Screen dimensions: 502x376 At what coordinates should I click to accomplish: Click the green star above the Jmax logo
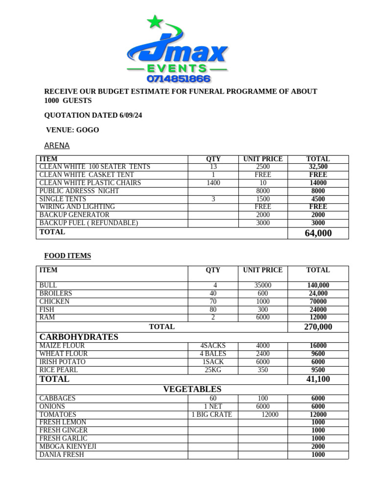coord(155,22)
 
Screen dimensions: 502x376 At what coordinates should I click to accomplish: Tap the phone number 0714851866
coord(178,78)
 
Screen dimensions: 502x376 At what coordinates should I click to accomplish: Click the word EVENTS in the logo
coord(177,68)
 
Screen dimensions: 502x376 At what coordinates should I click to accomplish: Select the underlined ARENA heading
coord(57,146)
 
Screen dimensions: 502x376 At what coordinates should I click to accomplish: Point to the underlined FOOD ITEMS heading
coord(68,256)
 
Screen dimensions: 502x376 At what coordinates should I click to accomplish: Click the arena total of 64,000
coord(318,233)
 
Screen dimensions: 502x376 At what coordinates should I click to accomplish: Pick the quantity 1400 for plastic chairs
coord(213,183)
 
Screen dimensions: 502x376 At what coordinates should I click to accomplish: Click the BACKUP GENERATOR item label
coord(74,215)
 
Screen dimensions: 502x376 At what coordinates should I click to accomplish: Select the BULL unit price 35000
coord(263,285)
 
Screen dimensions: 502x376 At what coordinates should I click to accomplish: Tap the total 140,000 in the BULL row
coord(318,285)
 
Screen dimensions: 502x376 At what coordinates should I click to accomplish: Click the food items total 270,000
coord(318,327)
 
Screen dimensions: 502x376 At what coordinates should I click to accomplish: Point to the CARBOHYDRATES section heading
coord(79,337)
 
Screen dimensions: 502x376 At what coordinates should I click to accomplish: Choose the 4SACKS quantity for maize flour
coord(213,346)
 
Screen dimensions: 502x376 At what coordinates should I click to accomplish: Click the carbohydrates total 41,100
coord(318,379)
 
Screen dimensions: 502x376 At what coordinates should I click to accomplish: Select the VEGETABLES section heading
coord(192,389)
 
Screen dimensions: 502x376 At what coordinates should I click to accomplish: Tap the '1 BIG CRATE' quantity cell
coord(211,415)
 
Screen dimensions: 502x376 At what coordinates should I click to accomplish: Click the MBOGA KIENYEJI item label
coord(68,447)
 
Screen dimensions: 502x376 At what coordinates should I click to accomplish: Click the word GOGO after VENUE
coord(88,130)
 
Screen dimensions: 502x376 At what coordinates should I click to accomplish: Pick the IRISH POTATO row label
coord(63,362)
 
